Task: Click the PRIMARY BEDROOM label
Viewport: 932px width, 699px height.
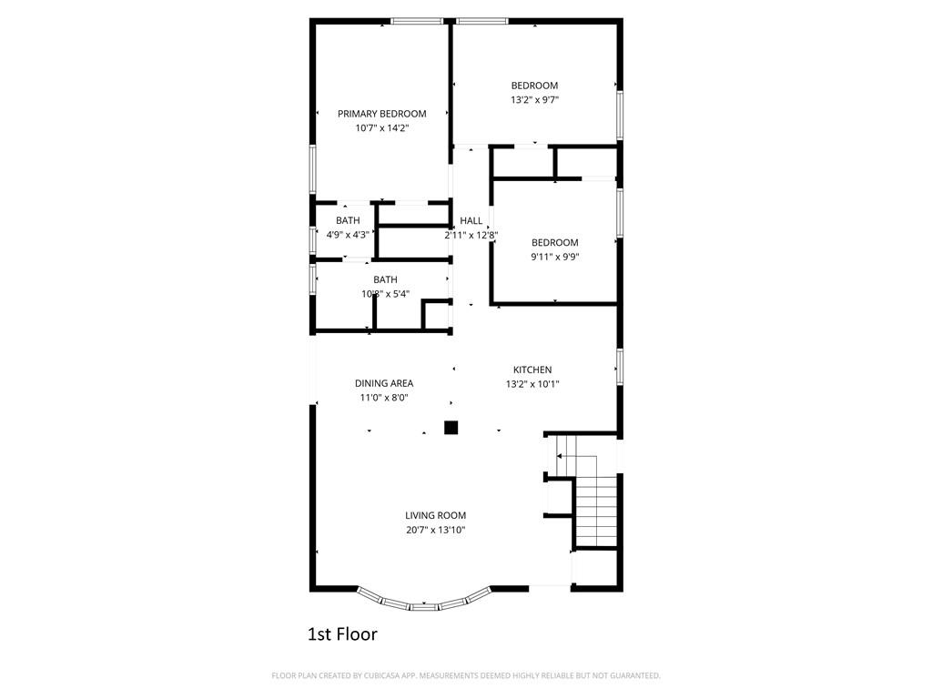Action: pyautogui.click(x=381, y=114)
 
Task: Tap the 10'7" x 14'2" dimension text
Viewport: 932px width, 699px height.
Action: pyautogui.click(x=382, y=127)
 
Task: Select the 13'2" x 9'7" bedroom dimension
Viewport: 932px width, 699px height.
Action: pyautogui.click(x=534, y=100)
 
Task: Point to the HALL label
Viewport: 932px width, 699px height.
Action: pyautogui.click(x=471, y=220)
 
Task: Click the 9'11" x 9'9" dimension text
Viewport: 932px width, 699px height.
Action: pyautogui.click(x=554, y=257)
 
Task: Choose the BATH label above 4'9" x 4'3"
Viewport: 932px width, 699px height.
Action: pyautogui.click(x=348, y=220)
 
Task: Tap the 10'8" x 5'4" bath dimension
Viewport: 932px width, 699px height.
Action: pyautogui.click(x=385, y=294)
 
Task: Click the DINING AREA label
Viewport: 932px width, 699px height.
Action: pyautogui.click(x=384, y=383)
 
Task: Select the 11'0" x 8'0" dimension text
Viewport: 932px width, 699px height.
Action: pyautogui.click(x=384, y=398)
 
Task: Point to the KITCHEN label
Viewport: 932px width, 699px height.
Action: pyautogui.click(x=532, y=370)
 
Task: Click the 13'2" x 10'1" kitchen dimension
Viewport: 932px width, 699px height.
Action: pyautogui.click(x=532, y=384)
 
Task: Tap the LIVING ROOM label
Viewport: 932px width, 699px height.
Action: pyautogui.click(x=436, y=515)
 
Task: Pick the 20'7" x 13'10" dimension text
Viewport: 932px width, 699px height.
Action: pyautogui.click(x=436, y=530)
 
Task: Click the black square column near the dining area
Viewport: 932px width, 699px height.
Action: pyautogui.click(x=451, y=428)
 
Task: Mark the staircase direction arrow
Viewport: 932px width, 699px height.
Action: pyautogui.click(x=577, y=456)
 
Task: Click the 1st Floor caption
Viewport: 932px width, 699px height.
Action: pyautogui.click(x=342, y=634)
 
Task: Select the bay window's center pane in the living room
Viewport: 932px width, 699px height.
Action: pyautogui.click(x=424, y=605)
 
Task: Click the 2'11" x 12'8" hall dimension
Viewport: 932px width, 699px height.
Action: pyautogui.click(x=471, y=235)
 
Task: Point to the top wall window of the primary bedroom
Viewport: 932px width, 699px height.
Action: pyautogui.click(x=417, y=22)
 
